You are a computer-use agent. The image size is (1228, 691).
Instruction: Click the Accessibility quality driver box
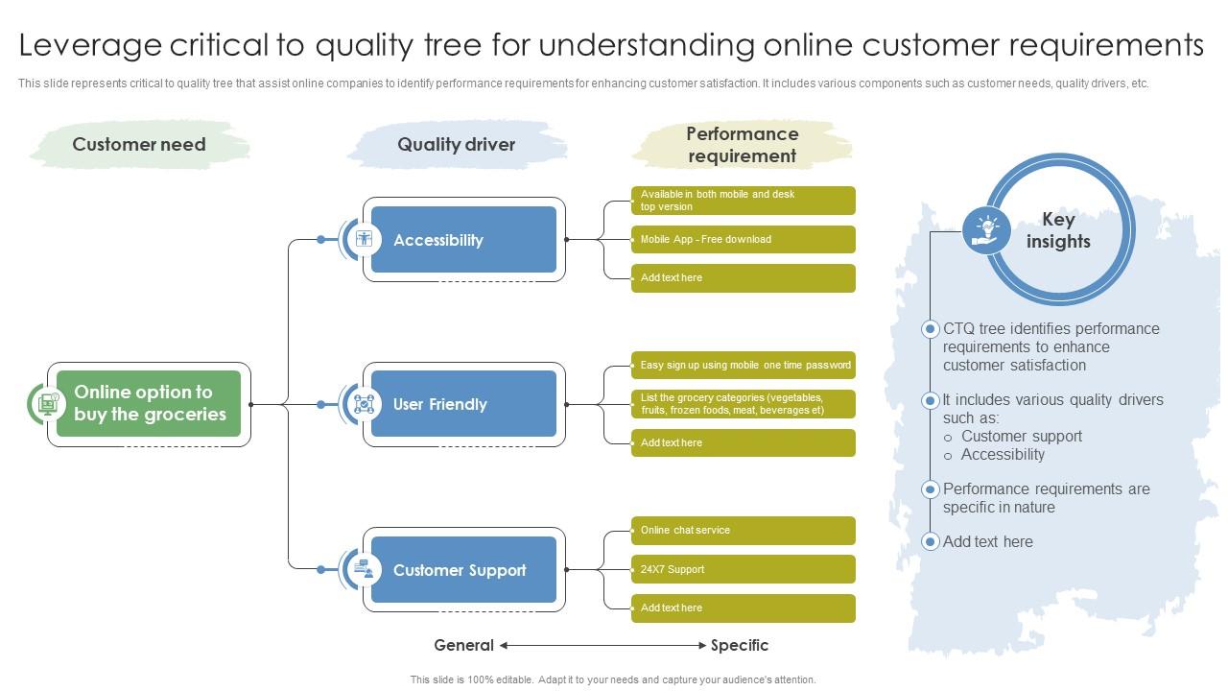click(463, 240)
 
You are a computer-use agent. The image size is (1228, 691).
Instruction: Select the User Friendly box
click(463, 404)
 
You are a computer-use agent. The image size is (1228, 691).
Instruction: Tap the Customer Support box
click(463, 570)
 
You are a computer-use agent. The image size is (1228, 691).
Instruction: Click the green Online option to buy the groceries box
click(149, 404)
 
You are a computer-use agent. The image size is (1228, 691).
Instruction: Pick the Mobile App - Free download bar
click(743, 239)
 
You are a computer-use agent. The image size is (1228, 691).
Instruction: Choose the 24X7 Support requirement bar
click(743, 569)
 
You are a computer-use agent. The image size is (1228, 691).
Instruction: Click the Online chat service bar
click(743, 530)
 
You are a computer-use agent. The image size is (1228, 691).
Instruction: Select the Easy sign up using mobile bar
click(743, 365)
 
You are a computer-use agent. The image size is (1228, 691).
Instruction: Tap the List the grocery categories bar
click(743, 404)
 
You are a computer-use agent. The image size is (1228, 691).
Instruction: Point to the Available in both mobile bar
click(743, 201)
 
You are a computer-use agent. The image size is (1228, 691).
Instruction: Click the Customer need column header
click(139, 145)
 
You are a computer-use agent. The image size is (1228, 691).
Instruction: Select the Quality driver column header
click(456, 145)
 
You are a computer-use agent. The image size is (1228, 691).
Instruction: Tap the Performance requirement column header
click(742, 145)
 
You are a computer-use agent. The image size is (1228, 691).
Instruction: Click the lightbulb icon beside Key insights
click(987, 230)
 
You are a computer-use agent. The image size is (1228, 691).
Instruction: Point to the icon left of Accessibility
click(364, 239)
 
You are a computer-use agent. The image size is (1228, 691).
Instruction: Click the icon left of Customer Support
click(364, 569)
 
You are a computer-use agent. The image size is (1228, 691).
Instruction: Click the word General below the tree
click(463, 646)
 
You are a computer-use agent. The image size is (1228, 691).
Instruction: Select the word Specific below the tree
click(740, 646)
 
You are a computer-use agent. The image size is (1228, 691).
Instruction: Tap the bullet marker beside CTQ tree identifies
click(930, 329)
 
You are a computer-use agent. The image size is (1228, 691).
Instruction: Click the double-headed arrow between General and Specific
click(602, 646)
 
